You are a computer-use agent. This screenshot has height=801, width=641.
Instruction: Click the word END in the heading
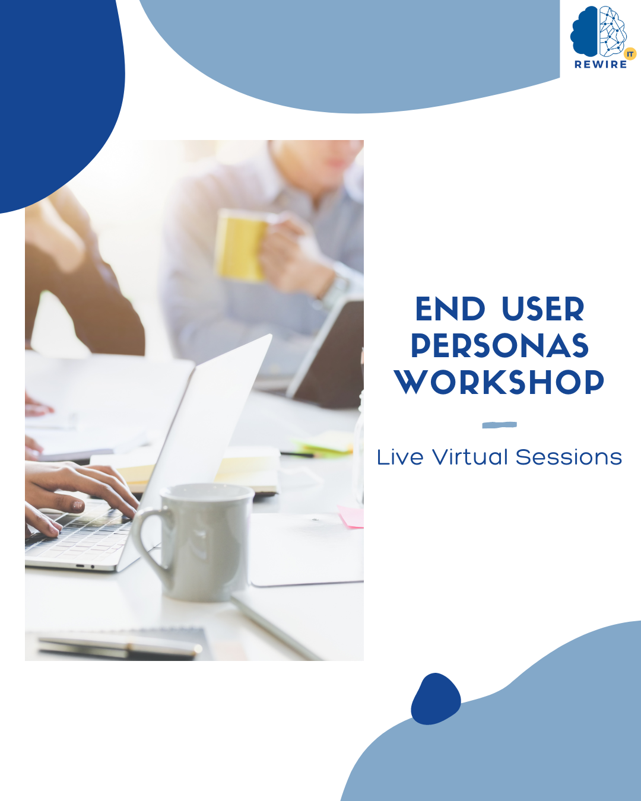point(450,309)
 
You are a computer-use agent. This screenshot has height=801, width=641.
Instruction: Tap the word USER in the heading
point(542,309)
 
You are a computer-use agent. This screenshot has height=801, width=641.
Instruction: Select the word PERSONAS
point(499,346)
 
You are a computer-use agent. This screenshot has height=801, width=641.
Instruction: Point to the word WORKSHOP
point(499,383)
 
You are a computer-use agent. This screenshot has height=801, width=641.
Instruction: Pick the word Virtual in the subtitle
point(470,457)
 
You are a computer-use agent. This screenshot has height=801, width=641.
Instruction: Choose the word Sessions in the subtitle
point(569,457)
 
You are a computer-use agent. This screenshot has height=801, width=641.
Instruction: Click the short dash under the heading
point(499,425)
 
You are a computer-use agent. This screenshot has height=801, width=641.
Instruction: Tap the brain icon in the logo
point(598,32)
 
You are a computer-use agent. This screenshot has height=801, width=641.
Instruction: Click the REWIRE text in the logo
point(601,65)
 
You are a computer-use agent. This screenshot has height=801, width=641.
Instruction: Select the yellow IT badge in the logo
point(630,54)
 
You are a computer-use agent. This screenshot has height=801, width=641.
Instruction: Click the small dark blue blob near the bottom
point(436,700)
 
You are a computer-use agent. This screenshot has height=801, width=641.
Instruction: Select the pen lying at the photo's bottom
point(119,646)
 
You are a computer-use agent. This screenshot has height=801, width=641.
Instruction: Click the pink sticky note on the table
point(351,516)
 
